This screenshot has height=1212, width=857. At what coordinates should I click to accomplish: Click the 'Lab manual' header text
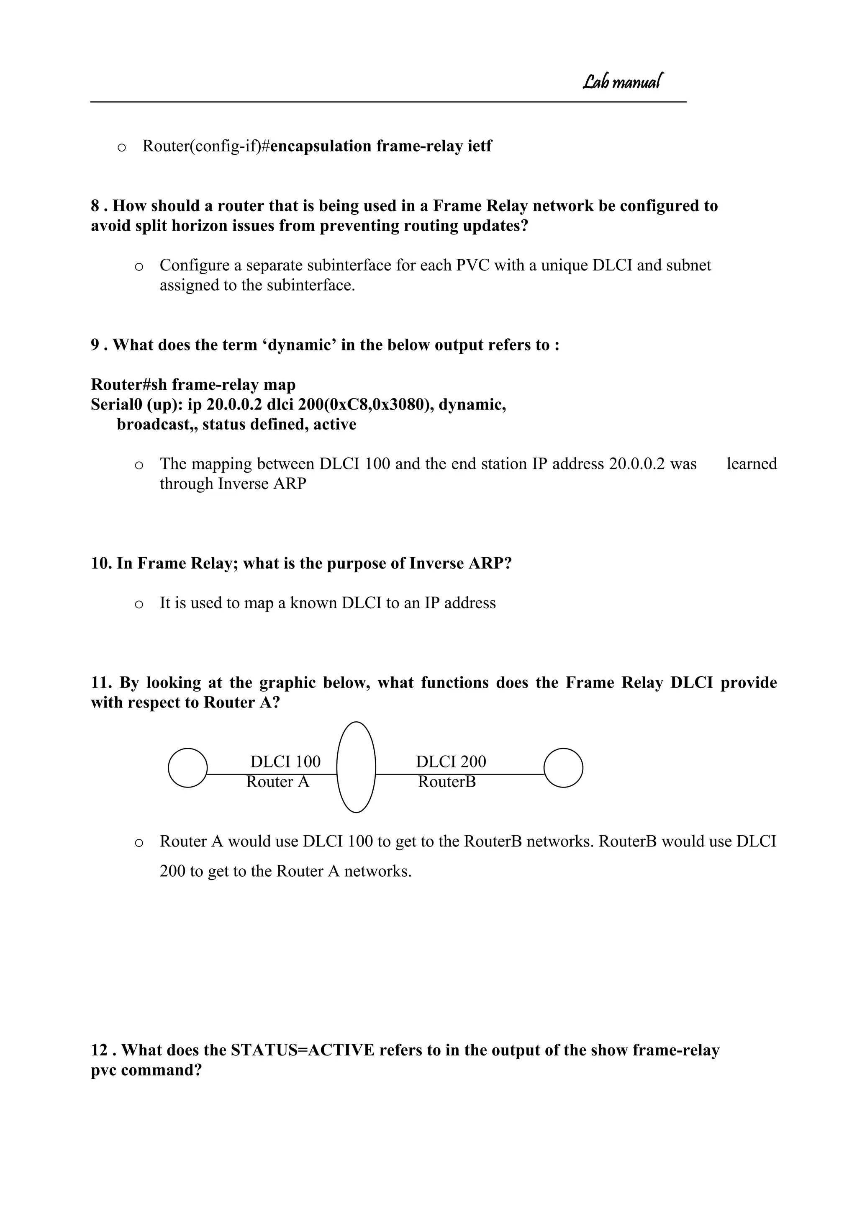click(x=622, y=81)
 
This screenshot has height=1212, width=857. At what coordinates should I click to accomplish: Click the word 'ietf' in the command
click(x=480, y=146)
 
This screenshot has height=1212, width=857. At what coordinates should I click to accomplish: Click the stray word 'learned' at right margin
click(x=752, y=464)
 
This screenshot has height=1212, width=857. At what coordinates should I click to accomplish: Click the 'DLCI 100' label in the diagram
click(x=285, y=762)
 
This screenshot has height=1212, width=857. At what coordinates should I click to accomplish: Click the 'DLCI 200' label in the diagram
click(x=451, y=762)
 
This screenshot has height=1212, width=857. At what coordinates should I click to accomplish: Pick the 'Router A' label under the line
click(x=277, y=782)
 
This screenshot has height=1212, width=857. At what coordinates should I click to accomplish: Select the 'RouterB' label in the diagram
click(x=446, y=782)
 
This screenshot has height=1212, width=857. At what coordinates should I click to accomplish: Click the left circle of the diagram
click(x=187, y=768)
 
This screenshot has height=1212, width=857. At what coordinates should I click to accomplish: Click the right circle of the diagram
click(x=563, y=768)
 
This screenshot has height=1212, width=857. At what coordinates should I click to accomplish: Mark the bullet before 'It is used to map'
click(x=139, y=604)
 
